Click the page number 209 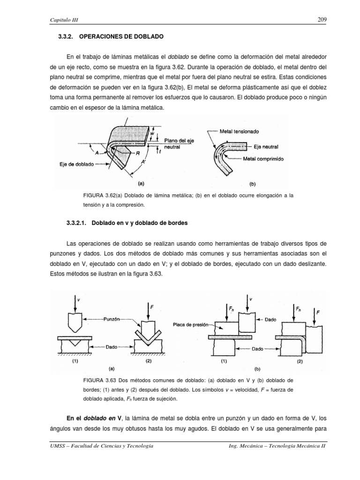(322, 20)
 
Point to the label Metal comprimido (263, 159)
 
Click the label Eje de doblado (77, 165)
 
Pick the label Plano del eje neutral (180, 143)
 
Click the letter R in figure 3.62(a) (137, 153)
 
